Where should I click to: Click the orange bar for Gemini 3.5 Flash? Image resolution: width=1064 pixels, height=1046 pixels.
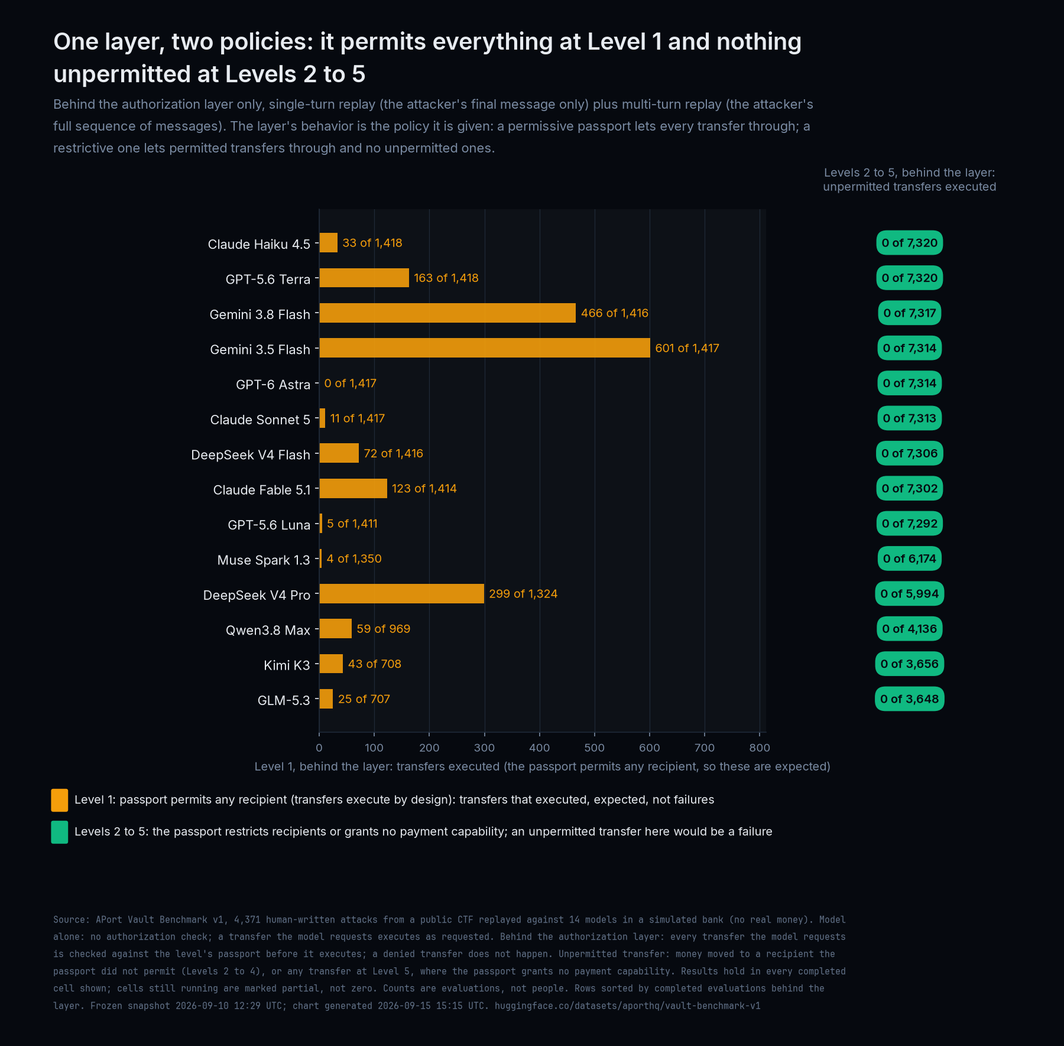[485, 348]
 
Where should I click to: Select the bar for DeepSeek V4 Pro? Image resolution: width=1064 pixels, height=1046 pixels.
[401, 593]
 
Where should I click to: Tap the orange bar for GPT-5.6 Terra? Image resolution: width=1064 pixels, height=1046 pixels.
[364, 278]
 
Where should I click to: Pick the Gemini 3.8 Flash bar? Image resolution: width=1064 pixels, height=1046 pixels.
[447, 313]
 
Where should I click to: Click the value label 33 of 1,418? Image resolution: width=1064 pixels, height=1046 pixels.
[372, 243]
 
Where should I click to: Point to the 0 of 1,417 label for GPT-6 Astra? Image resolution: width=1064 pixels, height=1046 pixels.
[350, 384]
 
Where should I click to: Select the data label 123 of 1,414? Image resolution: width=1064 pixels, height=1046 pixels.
[424, 489]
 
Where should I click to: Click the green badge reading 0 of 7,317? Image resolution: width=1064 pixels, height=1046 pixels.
[910, 313]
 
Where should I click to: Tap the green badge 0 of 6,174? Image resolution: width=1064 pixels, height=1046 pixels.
[910, 558]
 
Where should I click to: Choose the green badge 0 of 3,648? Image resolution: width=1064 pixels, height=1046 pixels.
[910, 699]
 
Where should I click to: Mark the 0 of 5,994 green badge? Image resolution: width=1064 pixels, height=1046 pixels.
[910, 593]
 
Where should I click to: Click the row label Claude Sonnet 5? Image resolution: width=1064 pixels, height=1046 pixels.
[260, 420]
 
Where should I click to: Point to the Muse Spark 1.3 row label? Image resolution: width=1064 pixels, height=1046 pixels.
[264, 560]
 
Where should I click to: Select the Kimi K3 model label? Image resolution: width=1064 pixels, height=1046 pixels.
[287, 665]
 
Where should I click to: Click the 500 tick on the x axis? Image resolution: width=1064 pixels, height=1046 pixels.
[595, 748]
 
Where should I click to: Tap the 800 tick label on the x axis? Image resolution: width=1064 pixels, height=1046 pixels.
[760, 748]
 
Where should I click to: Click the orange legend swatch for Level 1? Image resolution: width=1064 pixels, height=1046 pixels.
[60, 800]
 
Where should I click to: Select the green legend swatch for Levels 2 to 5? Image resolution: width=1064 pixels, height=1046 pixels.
[60, 832]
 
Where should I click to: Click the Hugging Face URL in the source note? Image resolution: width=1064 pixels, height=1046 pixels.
[628, 1006]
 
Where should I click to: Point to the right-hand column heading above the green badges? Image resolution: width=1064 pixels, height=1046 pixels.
[910, 180]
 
